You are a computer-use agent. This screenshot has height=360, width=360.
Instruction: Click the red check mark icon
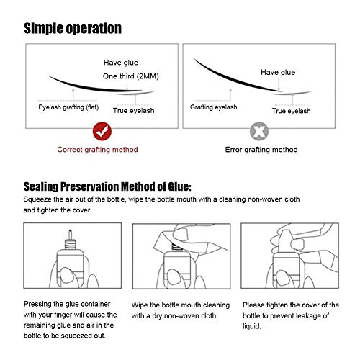coord(102,131)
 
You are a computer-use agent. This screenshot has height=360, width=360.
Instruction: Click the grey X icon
coord(259,131)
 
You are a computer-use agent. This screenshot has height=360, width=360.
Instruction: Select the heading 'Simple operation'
coord(73,28)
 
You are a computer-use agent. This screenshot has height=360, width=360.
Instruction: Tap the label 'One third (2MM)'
coord(131,76)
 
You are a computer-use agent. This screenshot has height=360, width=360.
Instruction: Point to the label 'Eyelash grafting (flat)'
coord(68,107)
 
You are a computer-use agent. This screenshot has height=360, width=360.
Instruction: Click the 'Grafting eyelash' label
coord(213,107)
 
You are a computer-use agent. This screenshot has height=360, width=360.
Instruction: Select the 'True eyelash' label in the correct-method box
coord(133,111)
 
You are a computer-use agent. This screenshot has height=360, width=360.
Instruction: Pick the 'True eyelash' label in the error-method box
coord(291,111)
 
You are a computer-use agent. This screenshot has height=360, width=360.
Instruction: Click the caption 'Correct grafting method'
coord(97,150)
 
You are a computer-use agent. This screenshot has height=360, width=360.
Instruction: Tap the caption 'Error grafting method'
coord(261,150)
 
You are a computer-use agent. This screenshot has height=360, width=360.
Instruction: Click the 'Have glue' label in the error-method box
coord(278,72)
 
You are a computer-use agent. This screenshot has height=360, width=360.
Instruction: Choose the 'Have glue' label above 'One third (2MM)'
coord(121,63)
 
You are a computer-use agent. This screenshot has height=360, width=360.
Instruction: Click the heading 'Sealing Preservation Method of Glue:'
coord(107,186)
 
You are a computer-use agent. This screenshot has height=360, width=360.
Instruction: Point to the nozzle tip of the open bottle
coord(70,231)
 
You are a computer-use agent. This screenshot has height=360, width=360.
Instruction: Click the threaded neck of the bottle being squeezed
coord(70,244)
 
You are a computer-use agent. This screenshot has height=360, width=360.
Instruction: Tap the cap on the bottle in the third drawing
coord(285,242)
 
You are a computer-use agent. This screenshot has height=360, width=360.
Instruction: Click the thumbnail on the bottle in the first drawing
coord(66,276)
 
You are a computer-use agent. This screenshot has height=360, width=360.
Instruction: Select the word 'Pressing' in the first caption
coord(37,304)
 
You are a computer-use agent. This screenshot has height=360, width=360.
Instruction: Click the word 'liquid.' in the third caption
coord(251,326)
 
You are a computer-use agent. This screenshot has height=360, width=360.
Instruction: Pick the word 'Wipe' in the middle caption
coord(140,305)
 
